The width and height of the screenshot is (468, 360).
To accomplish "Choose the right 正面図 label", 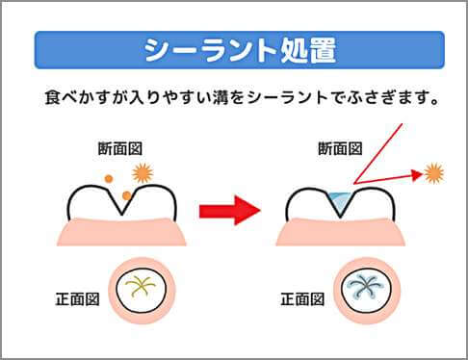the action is tap(301, 298).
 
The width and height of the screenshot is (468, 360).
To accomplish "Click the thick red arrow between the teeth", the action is tap(230, 209).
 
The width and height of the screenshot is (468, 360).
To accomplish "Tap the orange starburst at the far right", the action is tap(435, 173).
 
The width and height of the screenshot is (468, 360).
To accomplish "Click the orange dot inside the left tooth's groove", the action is tap(126, 196).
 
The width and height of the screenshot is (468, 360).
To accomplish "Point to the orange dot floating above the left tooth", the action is tap(109, 178).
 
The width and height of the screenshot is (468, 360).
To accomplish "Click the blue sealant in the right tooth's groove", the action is tap(336, 198).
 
